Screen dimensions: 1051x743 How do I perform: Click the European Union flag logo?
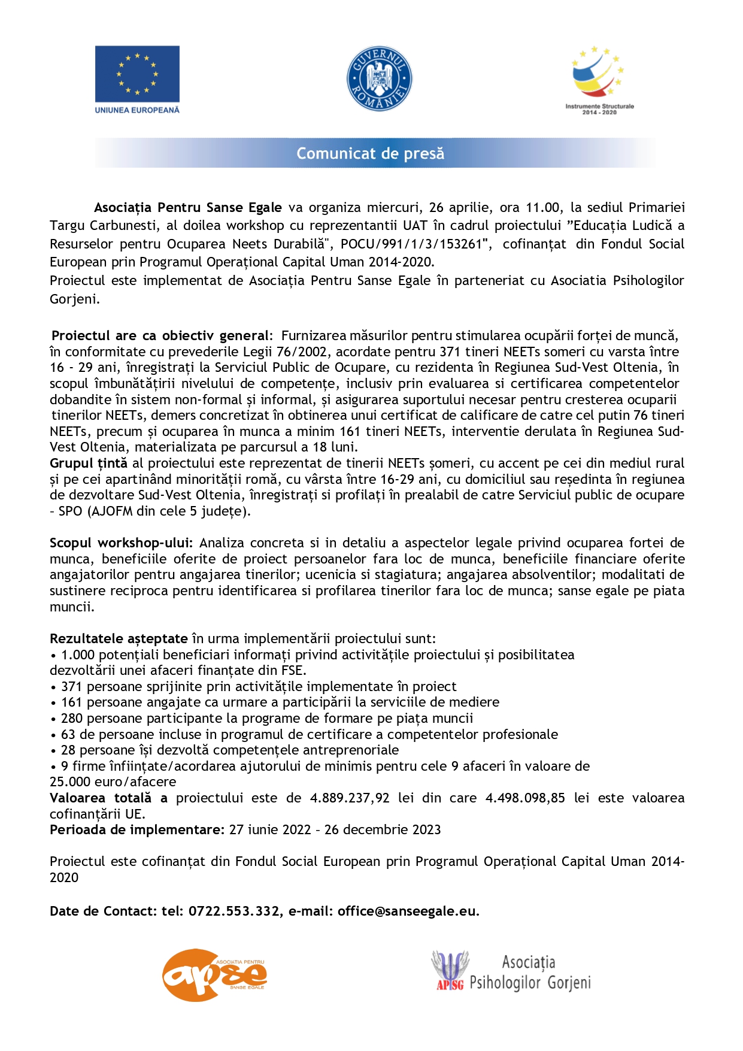point(137,74)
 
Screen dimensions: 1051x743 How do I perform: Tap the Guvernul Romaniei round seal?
point(379,78)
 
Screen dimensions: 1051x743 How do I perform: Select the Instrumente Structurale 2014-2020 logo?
point(599,80)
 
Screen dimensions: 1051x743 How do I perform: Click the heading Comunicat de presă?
point(371,153)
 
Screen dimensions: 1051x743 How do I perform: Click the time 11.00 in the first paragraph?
point(542,208)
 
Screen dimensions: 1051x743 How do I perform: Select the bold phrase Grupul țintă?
point(89,463)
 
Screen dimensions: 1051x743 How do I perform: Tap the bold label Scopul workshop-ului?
point(121,543)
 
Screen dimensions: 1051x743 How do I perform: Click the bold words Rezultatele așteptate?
point(119,638)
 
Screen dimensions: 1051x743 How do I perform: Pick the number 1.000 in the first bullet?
point(78,655)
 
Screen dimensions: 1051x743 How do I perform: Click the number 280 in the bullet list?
point(71,718)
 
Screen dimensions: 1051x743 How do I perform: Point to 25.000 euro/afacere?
point(113,782)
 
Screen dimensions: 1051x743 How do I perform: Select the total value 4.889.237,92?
point(350,798)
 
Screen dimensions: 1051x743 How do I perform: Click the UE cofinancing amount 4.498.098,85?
point(525,798)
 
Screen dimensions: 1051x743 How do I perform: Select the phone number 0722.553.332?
point(234,911)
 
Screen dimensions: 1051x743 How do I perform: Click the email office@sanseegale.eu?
point(407,911)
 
